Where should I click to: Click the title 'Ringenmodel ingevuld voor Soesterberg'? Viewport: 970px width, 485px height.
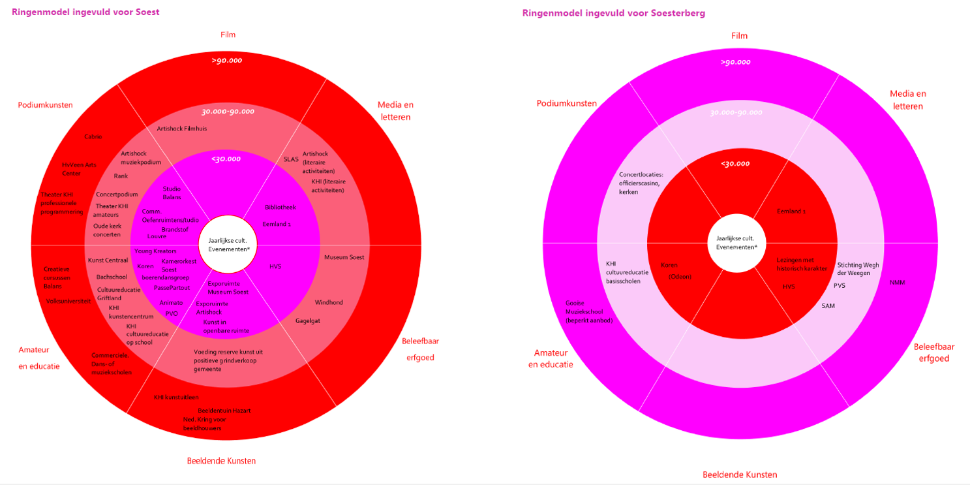[x=613, y=13]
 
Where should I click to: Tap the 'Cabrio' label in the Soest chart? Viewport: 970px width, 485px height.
[x=93, y=136]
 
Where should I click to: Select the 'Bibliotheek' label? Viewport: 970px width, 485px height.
[x=280, y=207]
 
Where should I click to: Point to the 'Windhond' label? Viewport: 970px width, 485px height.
[x=329, y=302]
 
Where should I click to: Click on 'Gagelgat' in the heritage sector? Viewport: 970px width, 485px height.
[x=308, y=321]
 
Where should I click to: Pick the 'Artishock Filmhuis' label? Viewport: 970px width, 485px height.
[x=182, y=129]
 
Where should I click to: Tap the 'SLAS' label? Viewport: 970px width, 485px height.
[x=290, y=159]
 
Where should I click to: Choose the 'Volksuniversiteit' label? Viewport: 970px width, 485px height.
[x=68, y=301]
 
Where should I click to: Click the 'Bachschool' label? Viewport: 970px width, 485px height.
[x=112, y=277]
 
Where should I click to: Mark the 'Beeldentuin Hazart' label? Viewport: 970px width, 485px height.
[x=224, y=410]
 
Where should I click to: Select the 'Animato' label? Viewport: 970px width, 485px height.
[x=171, y=302]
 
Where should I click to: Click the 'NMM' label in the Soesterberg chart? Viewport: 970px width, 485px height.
[x=897, y=283]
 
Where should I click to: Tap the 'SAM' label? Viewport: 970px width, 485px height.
[x=828, y=305]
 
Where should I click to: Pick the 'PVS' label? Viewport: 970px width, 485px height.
[x=839, y=285]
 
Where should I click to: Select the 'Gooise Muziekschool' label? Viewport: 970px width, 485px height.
[x=589, y=311]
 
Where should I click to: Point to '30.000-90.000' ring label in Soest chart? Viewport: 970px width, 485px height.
[x=228, y=111]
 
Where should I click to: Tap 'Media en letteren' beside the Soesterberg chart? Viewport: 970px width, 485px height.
[x=907, y=100]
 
